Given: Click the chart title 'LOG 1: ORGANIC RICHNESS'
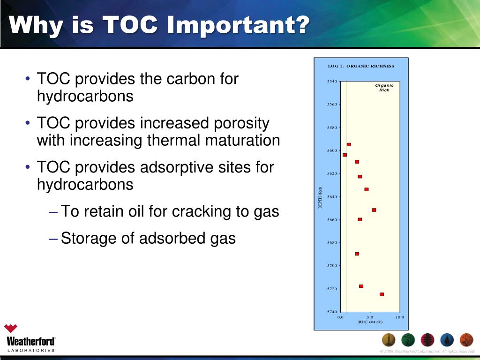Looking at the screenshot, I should pos(361,66).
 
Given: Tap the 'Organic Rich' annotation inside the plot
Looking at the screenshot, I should pos(384,88).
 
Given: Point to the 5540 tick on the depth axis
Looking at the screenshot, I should pos(332,82).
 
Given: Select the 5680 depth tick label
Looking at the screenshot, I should pos(332,243).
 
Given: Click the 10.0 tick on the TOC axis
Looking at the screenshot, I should pos(399,317).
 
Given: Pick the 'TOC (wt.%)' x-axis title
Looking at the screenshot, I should pos(370,322).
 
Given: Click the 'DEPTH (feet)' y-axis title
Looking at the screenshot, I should pos(321,197).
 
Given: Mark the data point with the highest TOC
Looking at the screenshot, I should pos(382,294).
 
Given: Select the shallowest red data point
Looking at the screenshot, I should pos(349,144).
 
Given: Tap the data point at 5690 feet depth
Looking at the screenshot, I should pos(357,254).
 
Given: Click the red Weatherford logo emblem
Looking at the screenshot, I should pos(11,329).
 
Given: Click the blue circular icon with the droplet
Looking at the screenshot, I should pos(447,340).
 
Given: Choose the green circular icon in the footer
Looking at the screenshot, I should pos(408,340).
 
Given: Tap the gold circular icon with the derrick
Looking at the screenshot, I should pos(389,340).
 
